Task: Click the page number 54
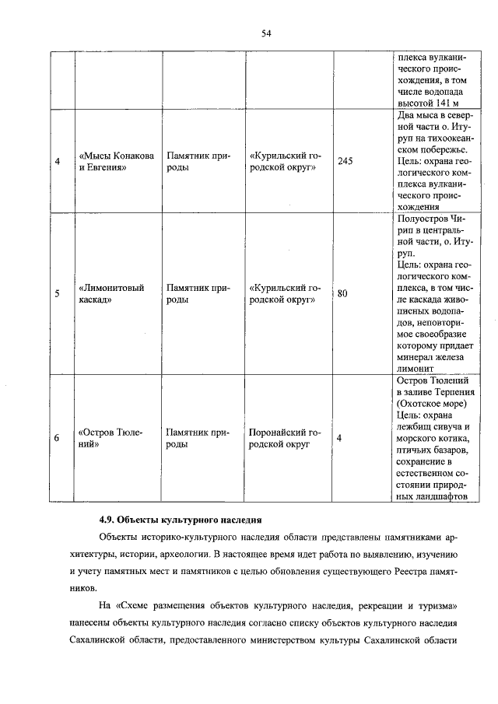265,33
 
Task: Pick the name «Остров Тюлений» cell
110,439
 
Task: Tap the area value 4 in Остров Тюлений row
339,439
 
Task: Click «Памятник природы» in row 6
197,439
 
